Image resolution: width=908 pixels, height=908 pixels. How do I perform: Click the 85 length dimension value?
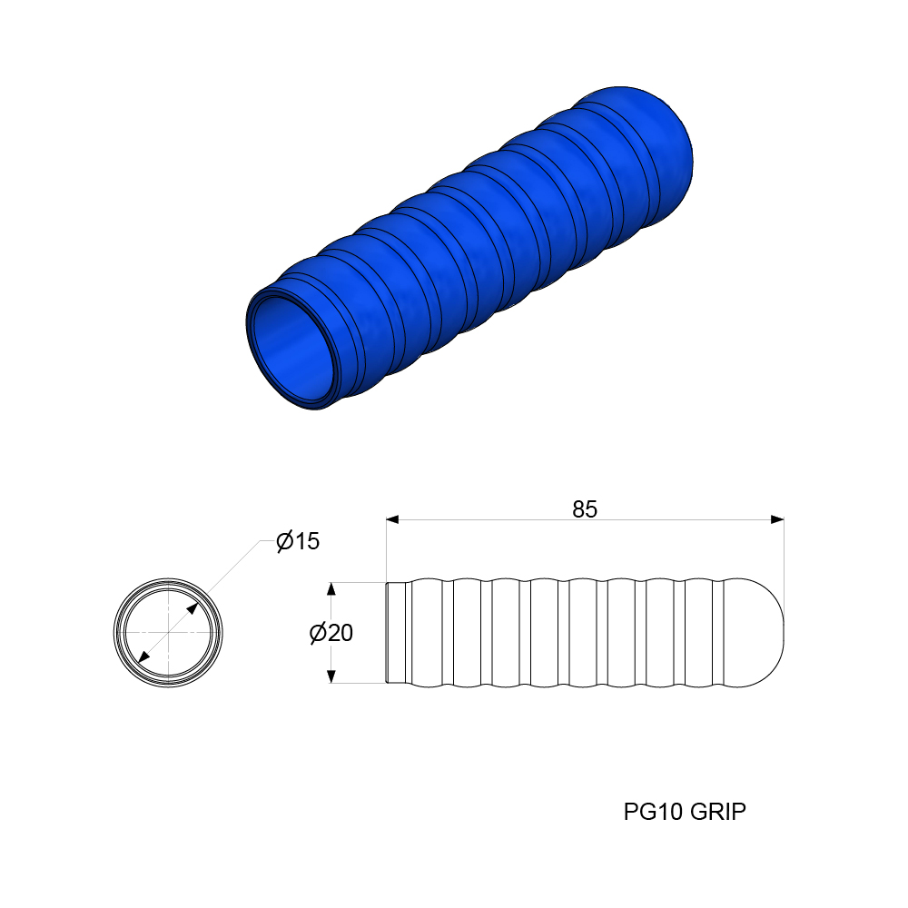[585, 509]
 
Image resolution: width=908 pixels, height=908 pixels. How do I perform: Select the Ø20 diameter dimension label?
[331, 633]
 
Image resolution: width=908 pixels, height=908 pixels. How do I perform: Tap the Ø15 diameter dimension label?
[298, 542]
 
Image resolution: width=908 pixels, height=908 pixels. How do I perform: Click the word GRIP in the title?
[717, 811]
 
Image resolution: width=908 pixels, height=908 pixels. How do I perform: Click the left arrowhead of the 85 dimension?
[393, 519]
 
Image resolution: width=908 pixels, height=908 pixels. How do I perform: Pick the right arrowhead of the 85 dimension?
[776, 519]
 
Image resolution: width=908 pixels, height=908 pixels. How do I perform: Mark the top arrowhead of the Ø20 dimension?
[331, 588]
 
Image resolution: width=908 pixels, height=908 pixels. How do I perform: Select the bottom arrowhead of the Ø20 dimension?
[331, 676]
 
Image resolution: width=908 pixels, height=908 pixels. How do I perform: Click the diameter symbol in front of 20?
[318, 633]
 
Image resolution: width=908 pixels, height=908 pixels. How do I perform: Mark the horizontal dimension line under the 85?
[490, 519]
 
